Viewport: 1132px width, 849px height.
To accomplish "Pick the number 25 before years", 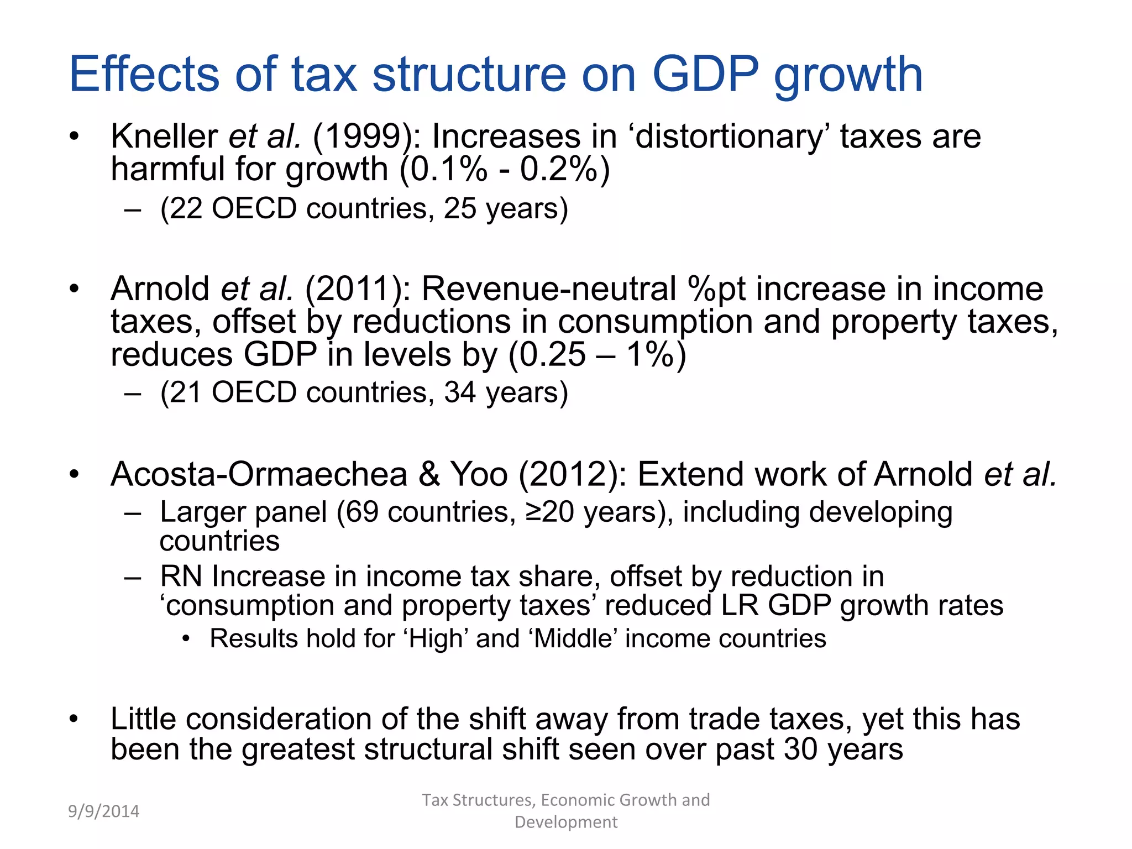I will tap(460, 208).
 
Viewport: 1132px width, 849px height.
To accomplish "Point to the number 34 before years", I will tap(460, 392).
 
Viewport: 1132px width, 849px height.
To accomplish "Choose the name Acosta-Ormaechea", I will tap(259, 474).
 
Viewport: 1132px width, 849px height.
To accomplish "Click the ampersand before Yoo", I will tap(429, 474).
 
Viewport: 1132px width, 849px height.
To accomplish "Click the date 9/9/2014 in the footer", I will tap(104, 811).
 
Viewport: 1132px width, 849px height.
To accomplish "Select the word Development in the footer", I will tap(566, 822).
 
